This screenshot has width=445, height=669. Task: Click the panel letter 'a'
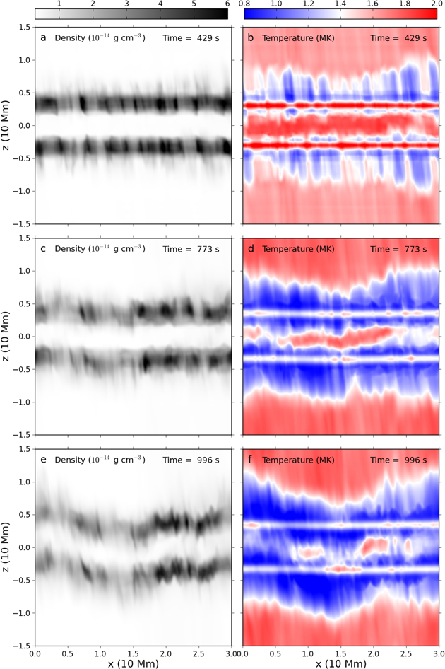(43, 37)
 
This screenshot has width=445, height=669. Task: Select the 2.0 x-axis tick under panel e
(165, 654)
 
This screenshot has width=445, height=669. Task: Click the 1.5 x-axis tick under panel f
(340, 654)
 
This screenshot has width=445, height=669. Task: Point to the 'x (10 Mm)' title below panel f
(340, 664)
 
